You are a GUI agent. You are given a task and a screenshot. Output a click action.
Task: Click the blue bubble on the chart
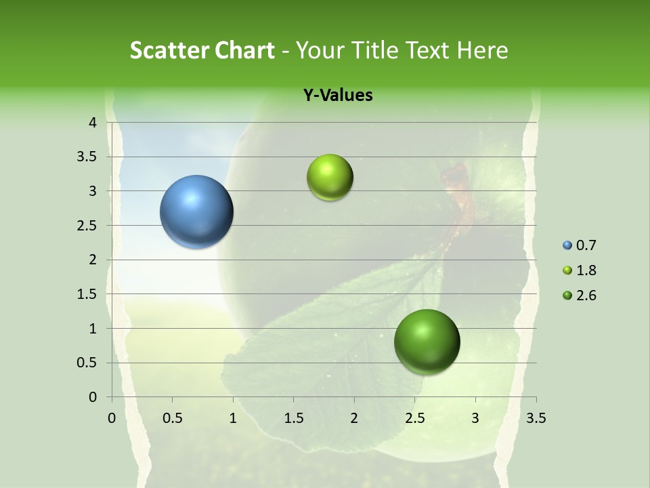[x=197, y=211]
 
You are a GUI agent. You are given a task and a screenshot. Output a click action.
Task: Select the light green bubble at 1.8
[x=330, y=178]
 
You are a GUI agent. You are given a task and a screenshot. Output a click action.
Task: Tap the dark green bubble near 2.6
[x=427, y=342]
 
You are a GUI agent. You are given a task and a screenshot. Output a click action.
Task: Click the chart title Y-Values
[x=338, y=96]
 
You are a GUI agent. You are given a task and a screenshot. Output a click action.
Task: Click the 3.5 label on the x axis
[x=536, y=418]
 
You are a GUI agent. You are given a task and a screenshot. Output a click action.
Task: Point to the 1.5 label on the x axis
[x=293, y=418]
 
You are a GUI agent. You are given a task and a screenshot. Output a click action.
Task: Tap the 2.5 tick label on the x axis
[x=414, y=418]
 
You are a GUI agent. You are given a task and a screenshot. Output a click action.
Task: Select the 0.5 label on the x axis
[x=172, y=418]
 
